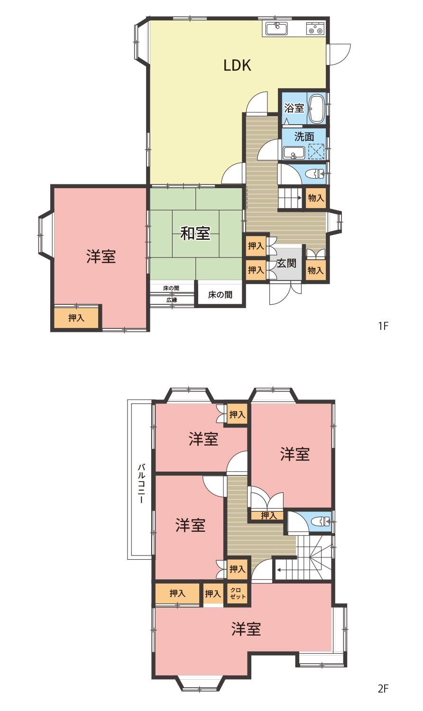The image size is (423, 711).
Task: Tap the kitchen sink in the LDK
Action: click(x=276, y=28)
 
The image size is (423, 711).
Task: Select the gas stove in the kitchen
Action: click(x=315, y=28)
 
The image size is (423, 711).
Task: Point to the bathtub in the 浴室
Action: click(x=317, y=109)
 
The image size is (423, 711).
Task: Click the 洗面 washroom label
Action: click(x=304, y=137)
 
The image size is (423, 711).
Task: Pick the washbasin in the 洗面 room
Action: click(x=294, y=153)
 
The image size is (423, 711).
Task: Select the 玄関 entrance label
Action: click(x=286, y=263)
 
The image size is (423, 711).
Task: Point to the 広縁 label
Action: click(x=172, y=300)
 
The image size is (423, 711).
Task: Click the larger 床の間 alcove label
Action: click(x=220, y=295)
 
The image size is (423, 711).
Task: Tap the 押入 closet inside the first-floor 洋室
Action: click(x=76, y=318)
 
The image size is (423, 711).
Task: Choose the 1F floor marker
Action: click(x=383, y=326)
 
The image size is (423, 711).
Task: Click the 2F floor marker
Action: click(x=383, y=697)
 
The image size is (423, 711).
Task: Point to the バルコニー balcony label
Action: click(x=142, y=484)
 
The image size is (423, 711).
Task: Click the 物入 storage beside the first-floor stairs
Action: click(x=316, y=198)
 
